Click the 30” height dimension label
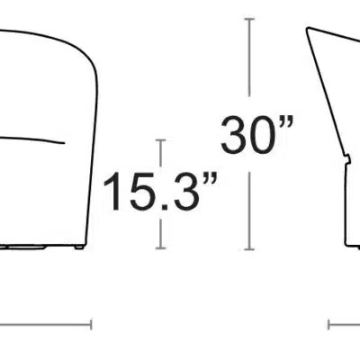coord(257,135)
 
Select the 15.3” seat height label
coord(160,192)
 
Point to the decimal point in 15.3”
coord(164,207)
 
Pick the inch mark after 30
coord(286,122)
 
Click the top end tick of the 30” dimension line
coord(249,19)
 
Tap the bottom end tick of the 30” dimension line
coord(249,249)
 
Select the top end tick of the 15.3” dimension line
coord(161,140)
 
